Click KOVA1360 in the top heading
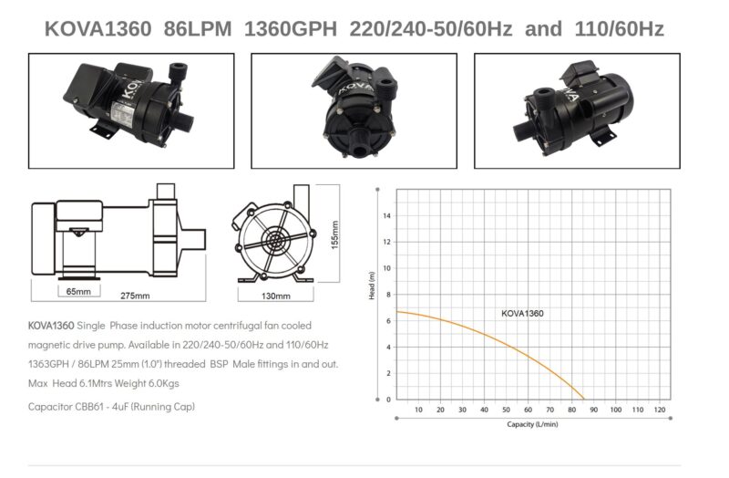[x=98, y=29]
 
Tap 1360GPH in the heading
[x=291, y=29]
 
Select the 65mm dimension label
[x=78, y=291]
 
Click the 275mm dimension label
[x=135, y=296]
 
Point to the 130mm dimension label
[x=276, y=296]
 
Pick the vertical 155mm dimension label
[x=334, y=235]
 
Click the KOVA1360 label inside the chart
[x=522, y=313]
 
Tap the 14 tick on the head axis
[x=387, y=216]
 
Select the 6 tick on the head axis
[x=389, y=321]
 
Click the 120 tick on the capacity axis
[x=659, y=410]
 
